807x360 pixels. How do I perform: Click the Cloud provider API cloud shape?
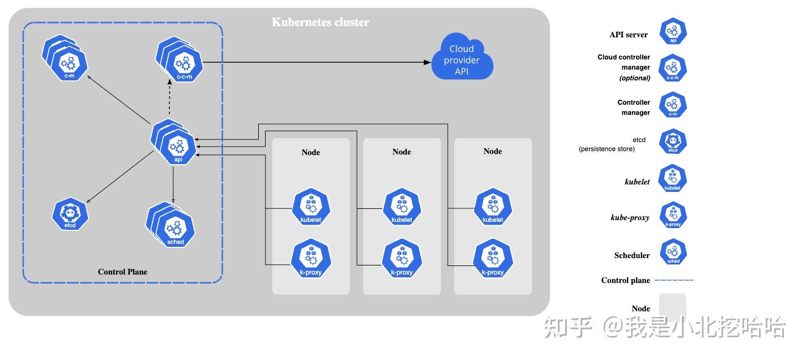(x=462, y=59)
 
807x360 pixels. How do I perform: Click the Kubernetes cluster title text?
(x=320, y=23)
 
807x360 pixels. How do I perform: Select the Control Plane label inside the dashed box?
(x=122, y=272)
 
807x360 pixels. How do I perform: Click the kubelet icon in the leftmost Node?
(x=311, y=207)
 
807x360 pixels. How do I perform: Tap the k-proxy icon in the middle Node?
(x=402, y=259)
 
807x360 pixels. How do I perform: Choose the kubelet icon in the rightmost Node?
(x=493, y=207)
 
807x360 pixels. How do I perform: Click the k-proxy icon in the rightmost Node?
(x=493, y=259)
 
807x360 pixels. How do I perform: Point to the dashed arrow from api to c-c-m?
(x=169, y=99)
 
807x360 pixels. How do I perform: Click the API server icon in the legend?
(x=673, y=32)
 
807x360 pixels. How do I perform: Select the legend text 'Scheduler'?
(x=631, y=255)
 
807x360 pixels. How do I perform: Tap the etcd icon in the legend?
(x=673, y=142)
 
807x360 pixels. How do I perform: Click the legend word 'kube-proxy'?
(x=630, y=217)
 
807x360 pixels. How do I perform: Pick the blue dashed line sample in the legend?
(x=674, y=280)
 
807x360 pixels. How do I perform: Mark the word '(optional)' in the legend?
(x=634, y=78)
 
